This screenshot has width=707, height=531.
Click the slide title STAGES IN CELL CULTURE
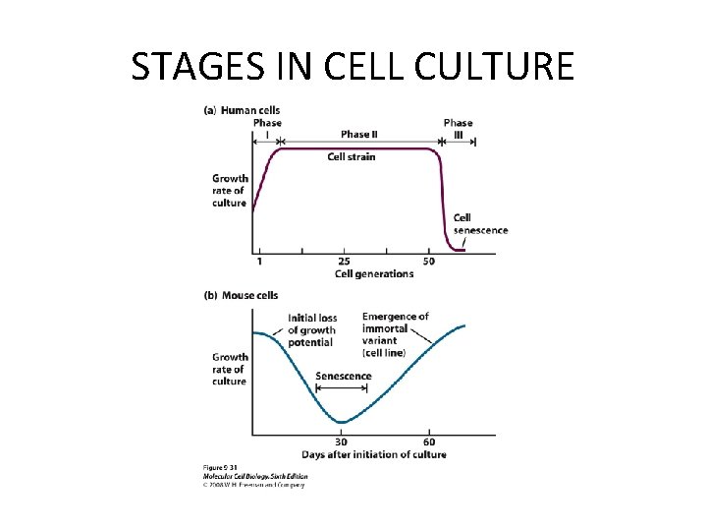coord(353,66)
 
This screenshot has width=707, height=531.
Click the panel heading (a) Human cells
coord(242,110)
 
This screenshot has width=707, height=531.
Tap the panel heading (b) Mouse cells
coord(242,295)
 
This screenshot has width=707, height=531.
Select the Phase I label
coord(267,128)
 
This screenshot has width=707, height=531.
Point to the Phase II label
coord(356,134)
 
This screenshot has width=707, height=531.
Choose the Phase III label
coord(458,128)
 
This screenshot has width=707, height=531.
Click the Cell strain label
coord(352,156)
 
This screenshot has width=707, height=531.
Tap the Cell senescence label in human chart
coord(480,224)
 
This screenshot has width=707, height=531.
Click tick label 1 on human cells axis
coord(259,262)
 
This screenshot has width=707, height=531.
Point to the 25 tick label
coord(344,262)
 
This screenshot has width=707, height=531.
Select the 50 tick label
coord(429,262)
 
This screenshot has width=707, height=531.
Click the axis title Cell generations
coord(374,273)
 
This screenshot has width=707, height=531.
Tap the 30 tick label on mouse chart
coord(341,442)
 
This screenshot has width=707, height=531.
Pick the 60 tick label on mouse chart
coord(429,442)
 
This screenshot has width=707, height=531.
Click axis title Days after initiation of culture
coord(374,454)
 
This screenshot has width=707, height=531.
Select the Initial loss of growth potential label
coord(312,330)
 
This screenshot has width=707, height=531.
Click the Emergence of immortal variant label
coord(395,334)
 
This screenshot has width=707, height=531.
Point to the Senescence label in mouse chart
coord(344,376)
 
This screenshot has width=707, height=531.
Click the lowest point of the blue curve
coord(341,423)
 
